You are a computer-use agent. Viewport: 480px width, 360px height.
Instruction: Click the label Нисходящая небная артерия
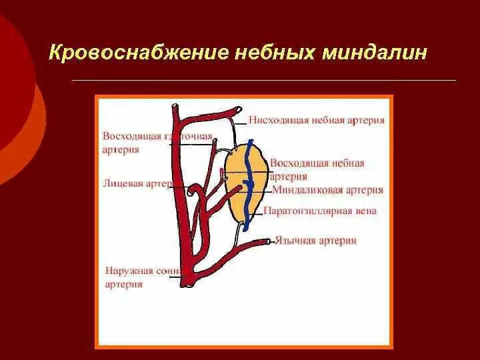click(317, 120)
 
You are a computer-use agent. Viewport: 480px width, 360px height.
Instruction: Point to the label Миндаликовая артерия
click(327, 190)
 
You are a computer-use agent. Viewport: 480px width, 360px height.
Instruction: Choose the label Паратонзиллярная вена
click(320, 211)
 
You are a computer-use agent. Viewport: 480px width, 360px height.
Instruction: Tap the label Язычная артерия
click(317, 240)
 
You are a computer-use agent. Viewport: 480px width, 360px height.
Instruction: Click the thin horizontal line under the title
click(263, 81)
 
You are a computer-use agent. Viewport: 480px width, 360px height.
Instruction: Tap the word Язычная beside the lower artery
click(295, 240)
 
